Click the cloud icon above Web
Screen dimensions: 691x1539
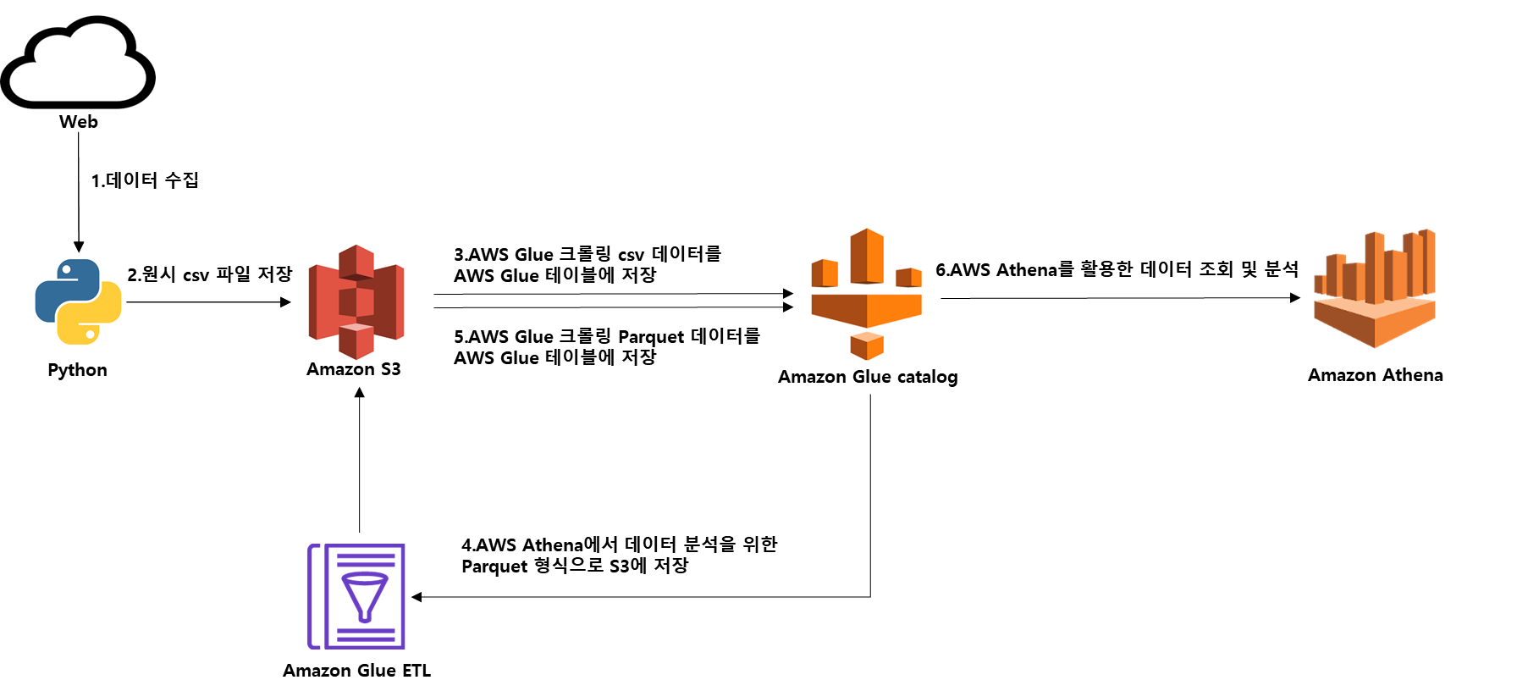click(78, 63)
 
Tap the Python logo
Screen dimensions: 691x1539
click(78, 302)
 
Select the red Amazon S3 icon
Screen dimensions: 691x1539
click(356, 301)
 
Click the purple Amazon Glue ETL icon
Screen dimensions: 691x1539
click(356, 596)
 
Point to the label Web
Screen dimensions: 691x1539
click(79, 122)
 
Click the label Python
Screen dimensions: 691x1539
click(77, 370)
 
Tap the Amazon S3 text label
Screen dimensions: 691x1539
click(354, 369)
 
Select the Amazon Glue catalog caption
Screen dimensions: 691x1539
click(868, 377)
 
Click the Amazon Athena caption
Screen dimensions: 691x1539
click(1375, 375)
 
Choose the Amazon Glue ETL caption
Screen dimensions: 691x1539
click(356, 671)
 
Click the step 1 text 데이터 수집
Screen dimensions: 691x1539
click(145, 180)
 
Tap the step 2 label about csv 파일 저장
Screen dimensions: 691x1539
click(210, 274)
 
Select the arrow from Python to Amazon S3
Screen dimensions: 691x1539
click(207, 302)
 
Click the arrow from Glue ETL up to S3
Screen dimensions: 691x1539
click(360, 462)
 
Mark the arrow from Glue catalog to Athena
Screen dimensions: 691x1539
click(1119, 298)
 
